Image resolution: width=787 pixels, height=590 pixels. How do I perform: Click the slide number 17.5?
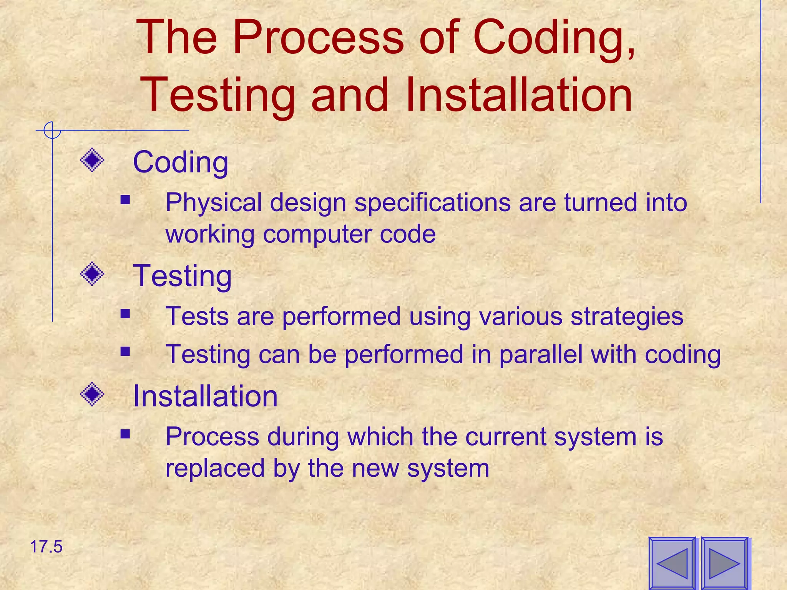tap(46, 547)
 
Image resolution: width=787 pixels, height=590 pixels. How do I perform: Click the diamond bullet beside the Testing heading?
tap(92, 274)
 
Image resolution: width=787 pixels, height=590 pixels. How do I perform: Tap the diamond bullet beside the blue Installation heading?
tap(92, 394)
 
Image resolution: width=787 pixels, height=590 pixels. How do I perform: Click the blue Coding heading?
tap(181, 162)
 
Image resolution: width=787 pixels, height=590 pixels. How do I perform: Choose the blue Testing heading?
tap(182, 276)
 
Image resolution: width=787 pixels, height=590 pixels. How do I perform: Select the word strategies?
tap(627, 317)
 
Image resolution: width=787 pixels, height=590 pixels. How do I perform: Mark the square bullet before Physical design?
tap(125, 199)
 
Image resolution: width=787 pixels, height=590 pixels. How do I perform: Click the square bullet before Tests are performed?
tap(125, 314)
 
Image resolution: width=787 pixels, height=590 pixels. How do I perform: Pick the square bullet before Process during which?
tap(125, 434)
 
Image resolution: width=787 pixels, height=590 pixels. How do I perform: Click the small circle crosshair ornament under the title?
tap(52, 130)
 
